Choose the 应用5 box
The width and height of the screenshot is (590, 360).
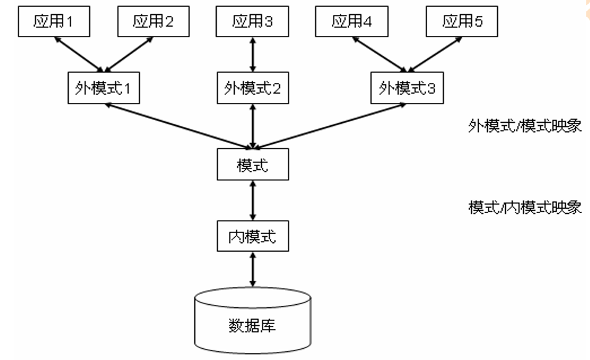click(x=462, y=22)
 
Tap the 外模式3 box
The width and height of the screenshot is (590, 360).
click(x=406, y=88)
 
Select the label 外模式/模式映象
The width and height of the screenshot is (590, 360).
click(x=524, y=126)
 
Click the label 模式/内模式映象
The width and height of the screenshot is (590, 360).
click(x=524, y=206)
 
